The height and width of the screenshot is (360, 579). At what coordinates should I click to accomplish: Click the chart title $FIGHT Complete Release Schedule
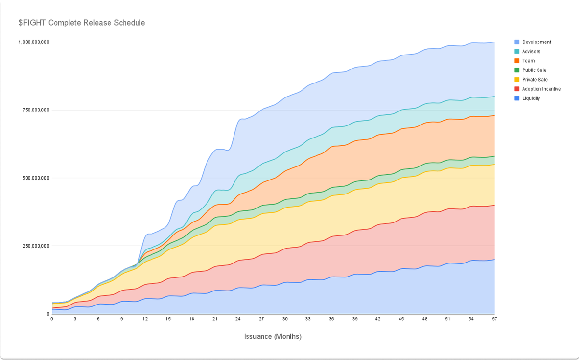point(82,23)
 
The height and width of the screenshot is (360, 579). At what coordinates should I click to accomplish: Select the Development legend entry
point(536,42)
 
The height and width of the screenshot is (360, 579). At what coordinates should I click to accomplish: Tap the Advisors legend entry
point(531,51)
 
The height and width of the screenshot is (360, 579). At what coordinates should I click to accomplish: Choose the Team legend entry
point(528,61)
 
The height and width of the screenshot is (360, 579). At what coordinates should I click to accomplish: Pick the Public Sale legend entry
point(534,70)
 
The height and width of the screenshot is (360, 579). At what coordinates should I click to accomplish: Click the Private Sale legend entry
point(535,80)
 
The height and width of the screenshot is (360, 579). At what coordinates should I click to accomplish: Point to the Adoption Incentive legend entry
point(541,89)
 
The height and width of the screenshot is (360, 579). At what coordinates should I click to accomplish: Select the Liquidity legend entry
point(531,98)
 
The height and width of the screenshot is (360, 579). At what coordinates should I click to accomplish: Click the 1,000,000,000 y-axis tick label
point(34,42)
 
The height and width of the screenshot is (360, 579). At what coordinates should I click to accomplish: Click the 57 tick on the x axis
point(494,319)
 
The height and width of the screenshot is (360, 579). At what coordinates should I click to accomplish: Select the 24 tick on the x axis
point(238,319)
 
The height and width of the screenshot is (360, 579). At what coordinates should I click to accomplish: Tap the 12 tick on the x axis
point(145,319)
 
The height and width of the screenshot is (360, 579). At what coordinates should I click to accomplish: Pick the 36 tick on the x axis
point(331,319)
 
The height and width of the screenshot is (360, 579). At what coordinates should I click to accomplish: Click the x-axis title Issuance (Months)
point(273,336)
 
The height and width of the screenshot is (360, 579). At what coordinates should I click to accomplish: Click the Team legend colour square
point(517,61)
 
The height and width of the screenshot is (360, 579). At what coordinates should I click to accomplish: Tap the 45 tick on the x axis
point(401,319)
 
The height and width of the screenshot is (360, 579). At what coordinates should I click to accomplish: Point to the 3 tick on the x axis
point(75,319)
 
